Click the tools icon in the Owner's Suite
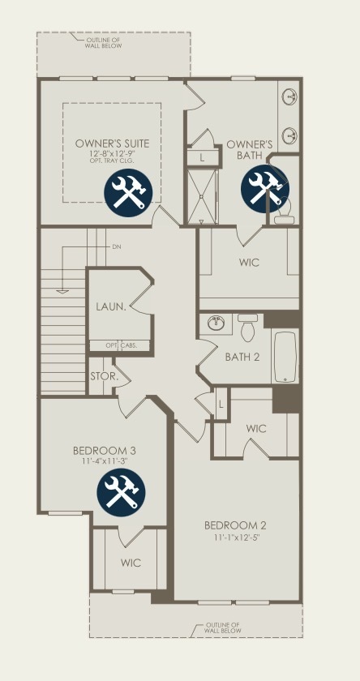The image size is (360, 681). [x=128, y=192]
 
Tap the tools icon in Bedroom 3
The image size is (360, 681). [x=121, y=493]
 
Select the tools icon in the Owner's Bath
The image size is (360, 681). [x=265, y=189]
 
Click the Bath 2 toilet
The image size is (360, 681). [x=248, y=327]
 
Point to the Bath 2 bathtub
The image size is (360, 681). [x=285, y=357]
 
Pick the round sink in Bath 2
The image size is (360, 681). [x=216, y=323]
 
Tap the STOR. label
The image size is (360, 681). [x=105, y=376]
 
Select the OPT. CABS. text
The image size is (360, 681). [x=122, y=345]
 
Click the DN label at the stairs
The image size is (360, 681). [x=117, y=246]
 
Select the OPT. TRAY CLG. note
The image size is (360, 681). [x=112, y=161]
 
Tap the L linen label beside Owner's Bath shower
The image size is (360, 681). [x=202, y=158]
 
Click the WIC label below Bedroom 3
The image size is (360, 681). [x=131, y=563]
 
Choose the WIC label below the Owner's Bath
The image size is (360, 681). [x=249, y=263]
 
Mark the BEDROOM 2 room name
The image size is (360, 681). [x=235, y=526]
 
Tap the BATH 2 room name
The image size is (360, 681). [x=242, y=357]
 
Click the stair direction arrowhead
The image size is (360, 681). [x=62, y=291]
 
